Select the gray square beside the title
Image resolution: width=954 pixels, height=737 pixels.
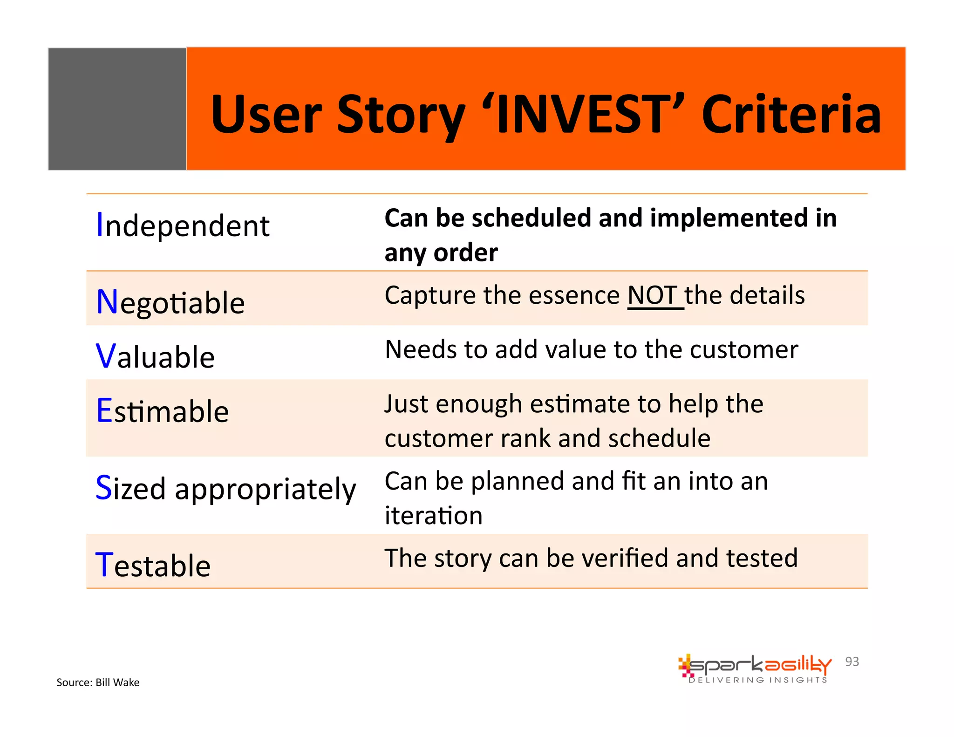point(117,109)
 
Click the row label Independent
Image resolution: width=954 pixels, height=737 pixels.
point(183,226)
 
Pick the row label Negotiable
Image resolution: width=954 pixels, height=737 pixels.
point(170,303)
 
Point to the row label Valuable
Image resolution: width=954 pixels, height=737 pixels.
point(155,357)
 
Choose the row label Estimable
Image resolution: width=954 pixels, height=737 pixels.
point(163,411)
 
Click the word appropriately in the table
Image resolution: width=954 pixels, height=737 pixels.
point(266,489)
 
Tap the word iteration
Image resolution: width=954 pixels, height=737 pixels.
point(433,516)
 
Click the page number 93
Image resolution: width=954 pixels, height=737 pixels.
point(852,662)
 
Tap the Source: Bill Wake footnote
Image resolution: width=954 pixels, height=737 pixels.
point(98,682)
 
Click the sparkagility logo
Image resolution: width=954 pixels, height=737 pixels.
point(755,665)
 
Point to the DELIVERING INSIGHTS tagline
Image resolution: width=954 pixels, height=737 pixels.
point(757,680)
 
